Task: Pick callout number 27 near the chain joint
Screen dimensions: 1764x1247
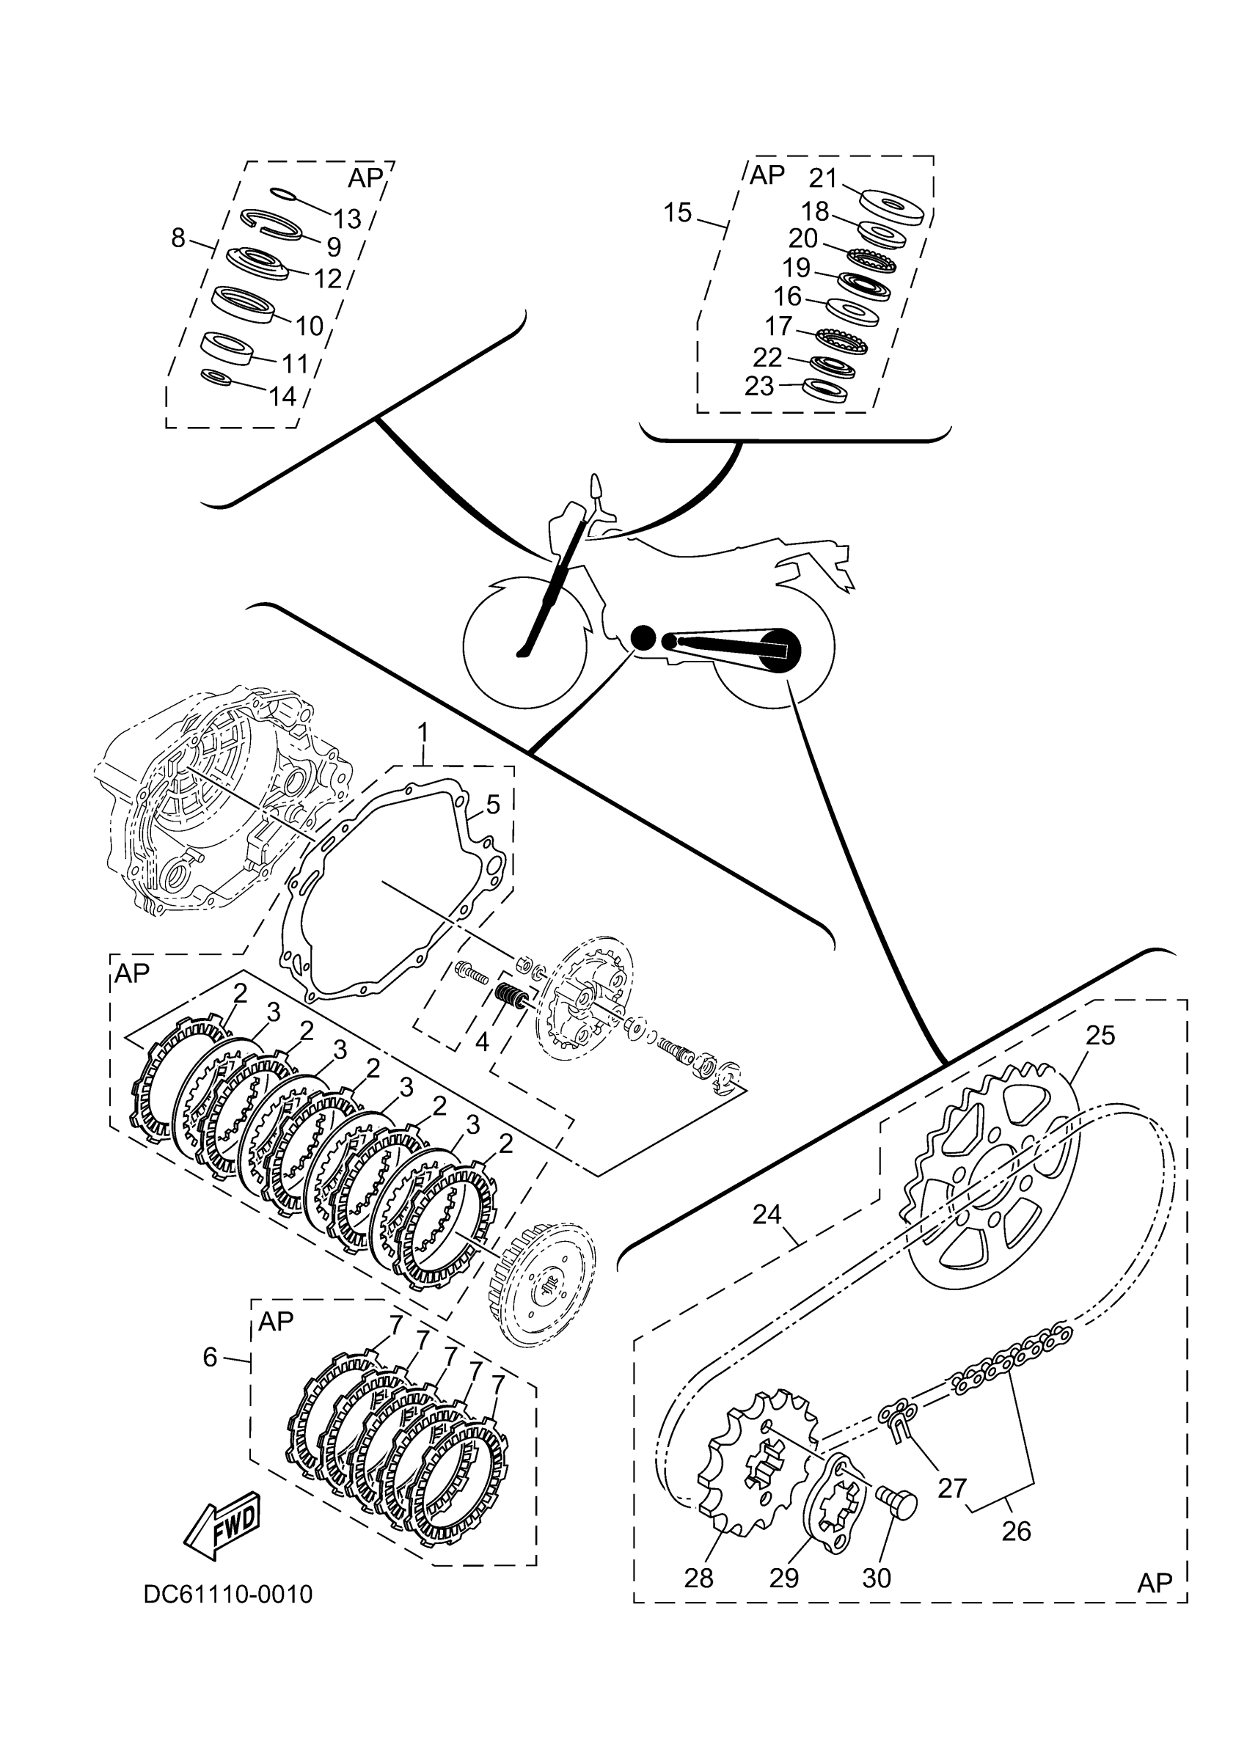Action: (952, 1488)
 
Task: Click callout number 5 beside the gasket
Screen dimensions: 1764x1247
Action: (492, 805)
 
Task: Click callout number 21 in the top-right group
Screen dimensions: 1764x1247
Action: (822, 178)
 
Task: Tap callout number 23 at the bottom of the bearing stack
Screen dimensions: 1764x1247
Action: (759, 386)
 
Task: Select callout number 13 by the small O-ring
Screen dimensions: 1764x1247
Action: (347, 219)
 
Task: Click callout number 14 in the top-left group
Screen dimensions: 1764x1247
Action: (282, 396)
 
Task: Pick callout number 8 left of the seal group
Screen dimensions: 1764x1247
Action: (178, 238)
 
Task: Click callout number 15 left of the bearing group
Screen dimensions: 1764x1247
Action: (678, 213)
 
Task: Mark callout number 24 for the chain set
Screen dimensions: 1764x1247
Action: (767, 1214)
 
